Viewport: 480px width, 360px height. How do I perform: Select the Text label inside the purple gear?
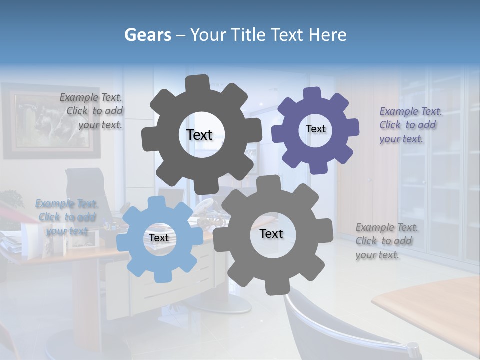[x=315, y=129]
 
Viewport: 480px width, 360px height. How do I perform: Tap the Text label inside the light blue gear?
[x=158, y=238]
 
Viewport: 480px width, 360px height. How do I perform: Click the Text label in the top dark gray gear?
[x=199, y=135]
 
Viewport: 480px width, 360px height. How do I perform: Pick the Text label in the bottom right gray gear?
[x=271, y=233]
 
